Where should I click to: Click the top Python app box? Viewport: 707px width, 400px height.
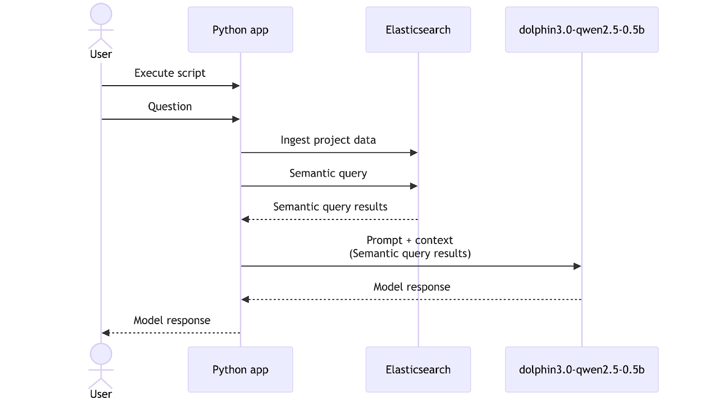(240, 30)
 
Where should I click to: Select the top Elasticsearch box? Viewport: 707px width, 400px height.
(418, 30)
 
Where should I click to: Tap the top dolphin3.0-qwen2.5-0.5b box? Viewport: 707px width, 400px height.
(582, 30)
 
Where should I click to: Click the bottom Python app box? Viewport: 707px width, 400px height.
(240, 370)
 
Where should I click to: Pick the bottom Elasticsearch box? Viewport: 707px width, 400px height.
(418, 370)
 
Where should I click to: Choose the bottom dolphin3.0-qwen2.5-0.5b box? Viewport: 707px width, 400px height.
(582, 370)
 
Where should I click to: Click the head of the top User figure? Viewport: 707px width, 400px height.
(101, 14)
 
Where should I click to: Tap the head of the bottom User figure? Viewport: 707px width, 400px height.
(101, 354)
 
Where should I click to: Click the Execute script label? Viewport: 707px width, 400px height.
(170, 73)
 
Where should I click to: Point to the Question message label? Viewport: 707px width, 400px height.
(170, 106)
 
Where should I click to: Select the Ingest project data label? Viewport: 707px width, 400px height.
(328, 140)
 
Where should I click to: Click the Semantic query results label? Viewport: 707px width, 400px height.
(330, 207)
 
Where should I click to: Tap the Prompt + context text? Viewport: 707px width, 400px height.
(410, 240)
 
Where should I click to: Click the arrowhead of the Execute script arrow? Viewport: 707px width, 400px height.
(236, 86)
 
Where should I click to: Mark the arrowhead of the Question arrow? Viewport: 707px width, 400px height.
(236, 119)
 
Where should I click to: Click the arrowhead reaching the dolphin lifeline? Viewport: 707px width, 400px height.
(578, 266)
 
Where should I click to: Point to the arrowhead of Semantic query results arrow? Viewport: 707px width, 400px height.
(245, 219)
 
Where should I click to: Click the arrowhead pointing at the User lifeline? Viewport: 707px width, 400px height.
(106, 333)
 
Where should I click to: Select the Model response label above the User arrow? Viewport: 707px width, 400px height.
(172, 320)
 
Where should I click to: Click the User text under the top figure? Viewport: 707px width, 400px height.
(101, 54)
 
